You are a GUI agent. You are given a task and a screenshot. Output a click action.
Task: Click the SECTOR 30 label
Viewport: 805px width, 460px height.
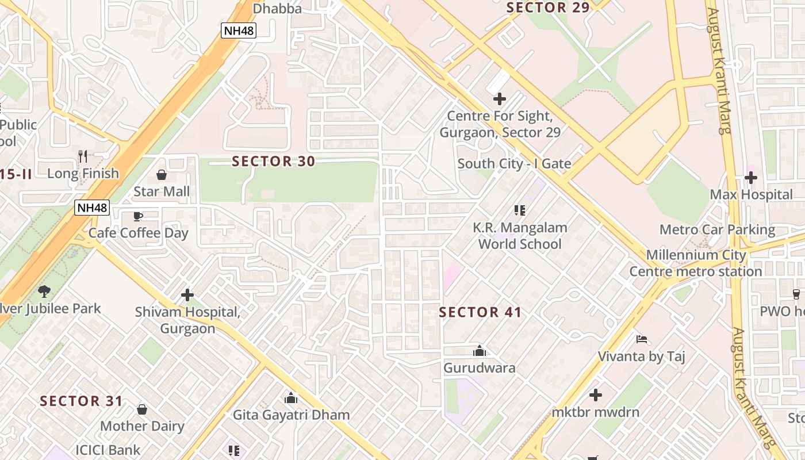[273, 162]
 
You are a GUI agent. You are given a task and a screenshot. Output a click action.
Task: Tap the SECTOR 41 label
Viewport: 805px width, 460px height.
[480, 313]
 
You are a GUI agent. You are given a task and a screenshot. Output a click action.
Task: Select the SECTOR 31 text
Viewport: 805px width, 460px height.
[81, 401]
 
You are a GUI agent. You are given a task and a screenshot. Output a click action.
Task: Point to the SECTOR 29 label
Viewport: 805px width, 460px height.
[548, 7]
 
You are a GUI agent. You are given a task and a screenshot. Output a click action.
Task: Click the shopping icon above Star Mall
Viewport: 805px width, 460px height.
[162, 174]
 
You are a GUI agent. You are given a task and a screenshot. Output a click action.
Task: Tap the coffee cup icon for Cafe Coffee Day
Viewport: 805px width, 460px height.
[138, 216]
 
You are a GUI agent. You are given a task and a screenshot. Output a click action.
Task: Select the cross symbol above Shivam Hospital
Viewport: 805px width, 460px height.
[187, 295]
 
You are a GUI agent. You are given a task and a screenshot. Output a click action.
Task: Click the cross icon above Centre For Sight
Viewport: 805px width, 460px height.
[500, 99]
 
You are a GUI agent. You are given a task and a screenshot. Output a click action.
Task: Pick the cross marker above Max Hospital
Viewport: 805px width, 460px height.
[751, 178]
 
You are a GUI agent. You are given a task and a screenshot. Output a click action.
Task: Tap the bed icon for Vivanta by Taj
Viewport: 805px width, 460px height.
[642, 339]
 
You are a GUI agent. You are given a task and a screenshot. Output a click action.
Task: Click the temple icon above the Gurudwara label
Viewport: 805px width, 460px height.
[479, 351]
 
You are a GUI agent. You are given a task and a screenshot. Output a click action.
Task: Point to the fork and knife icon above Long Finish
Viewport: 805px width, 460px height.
[83, 156]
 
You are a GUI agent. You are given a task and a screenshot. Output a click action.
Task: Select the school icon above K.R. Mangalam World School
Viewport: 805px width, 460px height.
[520, 210]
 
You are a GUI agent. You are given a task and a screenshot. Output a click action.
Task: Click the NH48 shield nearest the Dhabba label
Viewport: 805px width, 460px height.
[238, 30]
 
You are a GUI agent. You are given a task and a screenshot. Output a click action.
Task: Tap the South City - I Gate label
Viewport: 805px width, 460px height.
[514, 164]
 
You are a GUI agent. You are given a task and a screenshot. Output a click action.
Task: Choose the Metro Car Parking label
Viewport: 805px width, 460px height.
[717, 230]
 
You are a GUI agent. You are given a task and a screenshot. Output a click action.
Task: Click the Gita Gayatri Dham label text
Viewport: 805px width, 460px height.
[291, 415]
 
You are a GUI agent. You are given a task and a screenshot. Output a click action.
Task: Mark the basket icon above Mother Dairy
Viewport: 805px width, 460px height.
[142, 409]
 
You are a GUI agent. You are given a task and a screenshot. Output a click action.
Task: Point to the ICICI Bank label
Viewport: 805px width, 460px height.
[108, 450]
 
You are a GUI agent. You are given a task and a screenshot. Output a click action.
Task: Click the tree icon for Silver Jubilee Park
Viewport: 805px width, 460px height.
[44, 292]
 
